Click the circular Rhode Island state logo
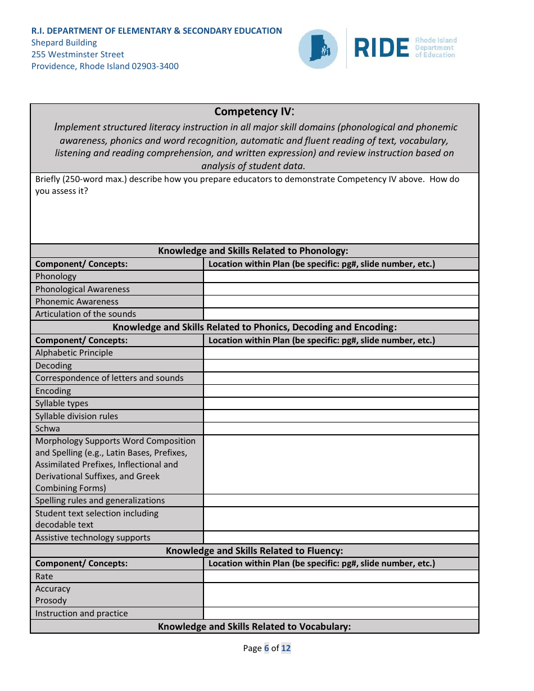(318, 49)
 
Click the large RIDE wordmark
(381, 49)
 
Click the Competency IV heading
(254, 112)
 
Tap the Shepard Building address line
(64, 43)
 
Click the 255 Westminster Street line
(78, 54)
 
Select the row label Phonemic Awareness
(77, 302)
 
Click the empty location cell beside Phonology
(341, 276)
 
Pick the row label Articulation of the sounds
(85, 314)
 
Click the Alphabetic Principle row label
(74, 353)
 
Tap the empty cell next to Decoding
(341, 366)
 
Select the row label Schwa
(47, 429)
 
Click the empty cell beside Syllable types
(341, 403)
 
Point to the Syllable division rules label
(76, 416)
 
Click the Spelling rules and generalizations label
(100, 501)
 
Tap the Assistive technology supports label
(93, 538)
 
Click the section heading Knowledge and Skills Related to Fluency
(254, 551)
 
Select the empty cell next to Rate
(341, 576)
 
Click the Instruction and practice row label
(82, 613)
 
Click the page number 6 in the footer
(267, 648)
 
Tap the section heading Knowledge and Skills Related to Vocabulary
(254, 626)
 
